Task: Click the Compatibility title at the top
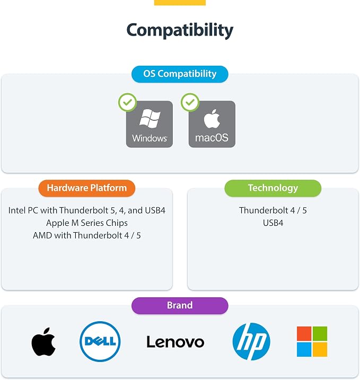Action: [180, 30]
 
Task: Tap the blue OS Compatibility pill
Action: [180, 74]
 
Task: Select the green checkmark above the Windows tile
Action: [127, 102]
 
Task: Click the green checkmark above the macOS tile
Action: [190, 102]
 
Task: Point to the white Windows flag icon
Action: [150, 118]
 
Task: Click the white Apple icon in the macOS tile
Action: [212, 118]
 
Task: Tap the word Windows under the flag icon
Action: [150, 138]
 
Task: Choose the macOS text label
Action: [212, 138]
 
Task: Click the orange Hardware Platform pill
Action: [86, 188]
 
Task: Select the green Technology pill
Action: [273, 188]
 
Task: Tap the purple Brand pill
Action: [180, 306]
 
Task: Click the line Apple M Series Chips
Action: [87, 223]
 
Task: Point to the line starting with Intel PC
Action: [87, 210]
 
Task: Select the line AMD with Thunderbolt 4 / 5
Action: [87, 235]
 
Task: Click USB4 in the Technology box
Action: [273, 223]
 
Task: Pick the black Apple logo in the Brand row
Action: [43, 342]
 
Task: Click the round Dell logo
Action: [100, 341]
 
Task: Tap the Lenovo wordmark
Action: [175, 342]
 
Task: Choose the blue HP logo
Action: [251, 341]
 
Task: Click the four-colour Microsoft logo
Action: [312, 341]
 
